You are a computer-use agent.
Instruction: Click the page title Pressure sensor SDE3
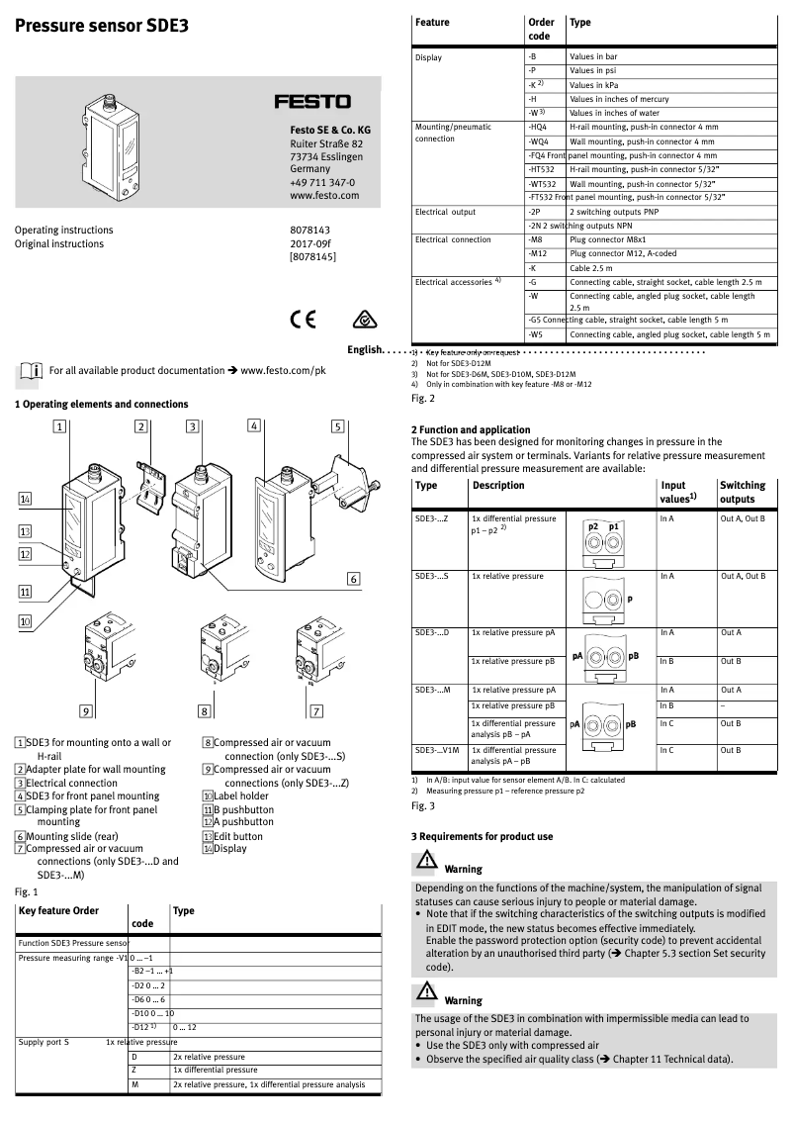coord(101,28)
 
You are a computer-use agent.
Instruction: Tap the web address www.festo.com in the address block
coord(324,196)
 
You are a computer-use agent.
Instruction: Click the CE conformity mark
coord(302,321)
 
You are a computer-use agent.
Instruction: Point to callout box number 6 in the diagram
coord(352,579)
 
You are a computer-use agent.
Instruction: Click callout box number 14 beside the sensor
coord(26,499)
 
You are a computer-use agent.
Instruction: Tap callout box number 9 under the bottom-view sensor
coord(86,710)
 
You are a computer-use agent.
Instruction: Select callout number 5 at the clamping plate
coord(337,426)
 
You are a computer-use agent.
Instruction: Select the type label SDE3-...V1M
coord(438,750)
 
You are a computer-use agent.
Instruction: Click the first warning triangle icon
coord(424,862)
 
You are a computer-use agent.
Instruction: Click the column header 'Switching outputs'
coord(743,492)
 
